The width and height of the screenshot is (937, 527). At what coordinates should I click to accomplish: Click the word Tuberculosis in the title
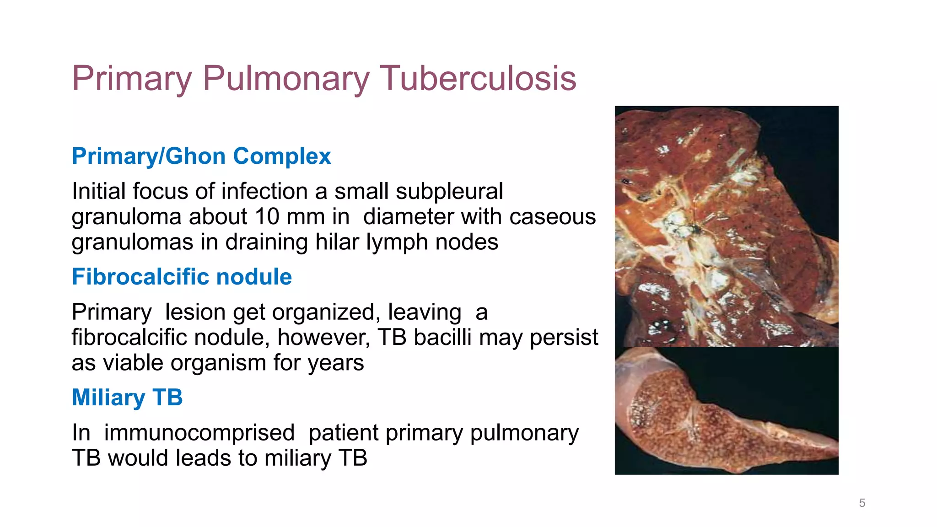point(478,79)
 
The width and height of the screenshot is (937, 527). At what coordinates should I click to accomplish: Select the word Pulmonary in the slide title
point(285,79)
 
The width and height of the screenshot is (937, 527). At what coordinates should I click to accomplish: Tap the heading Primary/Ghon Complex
point(201,156)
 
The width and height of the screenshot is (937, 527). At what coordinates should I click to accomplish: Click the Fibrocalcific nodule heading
point(182,277)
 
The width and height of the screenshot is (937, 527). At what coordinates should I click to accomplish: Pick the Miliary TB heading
point(127,397)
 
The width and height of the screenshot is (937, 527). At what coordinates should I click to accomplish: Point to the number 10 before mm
point(267,216)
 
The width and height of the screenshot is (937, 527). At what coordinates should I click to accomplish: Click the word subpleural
point(449,191)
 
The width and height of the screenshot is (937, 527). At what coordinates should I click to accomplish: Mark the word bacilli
point(442,337)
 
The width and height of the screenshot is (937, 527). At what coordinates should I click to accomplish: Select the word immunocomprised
point(199,433)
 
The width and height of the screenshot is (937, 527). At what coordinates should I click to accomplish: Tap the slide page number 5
point(862,503)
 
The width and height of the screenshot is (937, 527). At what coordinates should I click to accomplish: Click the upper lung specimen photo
point(727,226)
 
